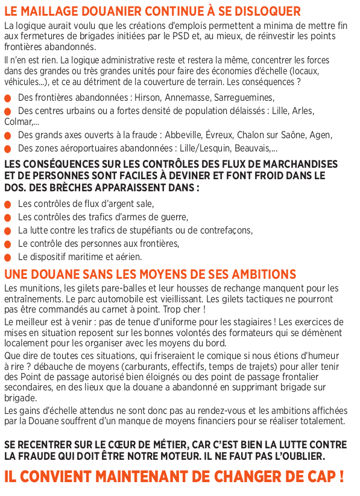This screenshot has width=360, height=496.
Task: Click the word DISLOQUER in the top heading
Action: point(268,11)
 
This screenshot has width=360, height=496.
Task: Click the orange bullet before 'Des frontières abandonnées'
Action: point(7,98)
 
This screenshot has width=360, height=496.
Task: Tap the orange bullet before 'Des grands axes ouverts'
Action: point(7,136)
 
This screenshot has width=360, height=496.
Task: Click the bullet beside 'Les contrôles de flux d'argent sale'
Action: point(7,204)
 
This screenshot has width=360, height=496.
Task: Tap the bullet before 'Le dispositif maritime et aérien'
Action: point(7,257)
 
